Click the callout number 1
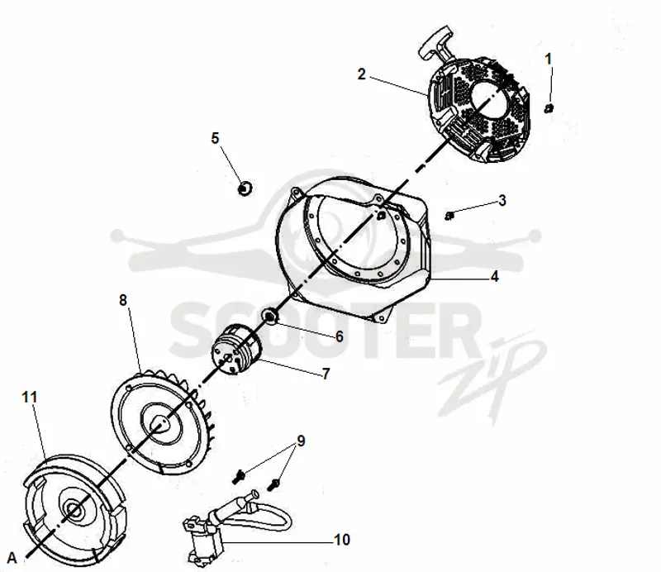548,59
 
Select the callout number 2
361,74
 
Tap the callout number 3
502,200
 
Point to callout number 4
494,276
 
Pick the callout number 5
215,138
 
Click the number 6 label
340,336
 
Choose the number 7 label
326,374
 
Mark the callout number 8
122,300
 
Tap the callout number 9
301,441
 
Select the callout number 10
342,540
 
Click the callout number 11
30,397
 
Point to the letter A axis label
12,557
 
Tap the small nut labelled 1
549,108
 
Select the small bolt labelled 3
449,216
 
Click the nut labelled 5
244,188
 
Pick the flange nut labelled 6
269,315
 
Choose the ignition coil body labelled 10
203,541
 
